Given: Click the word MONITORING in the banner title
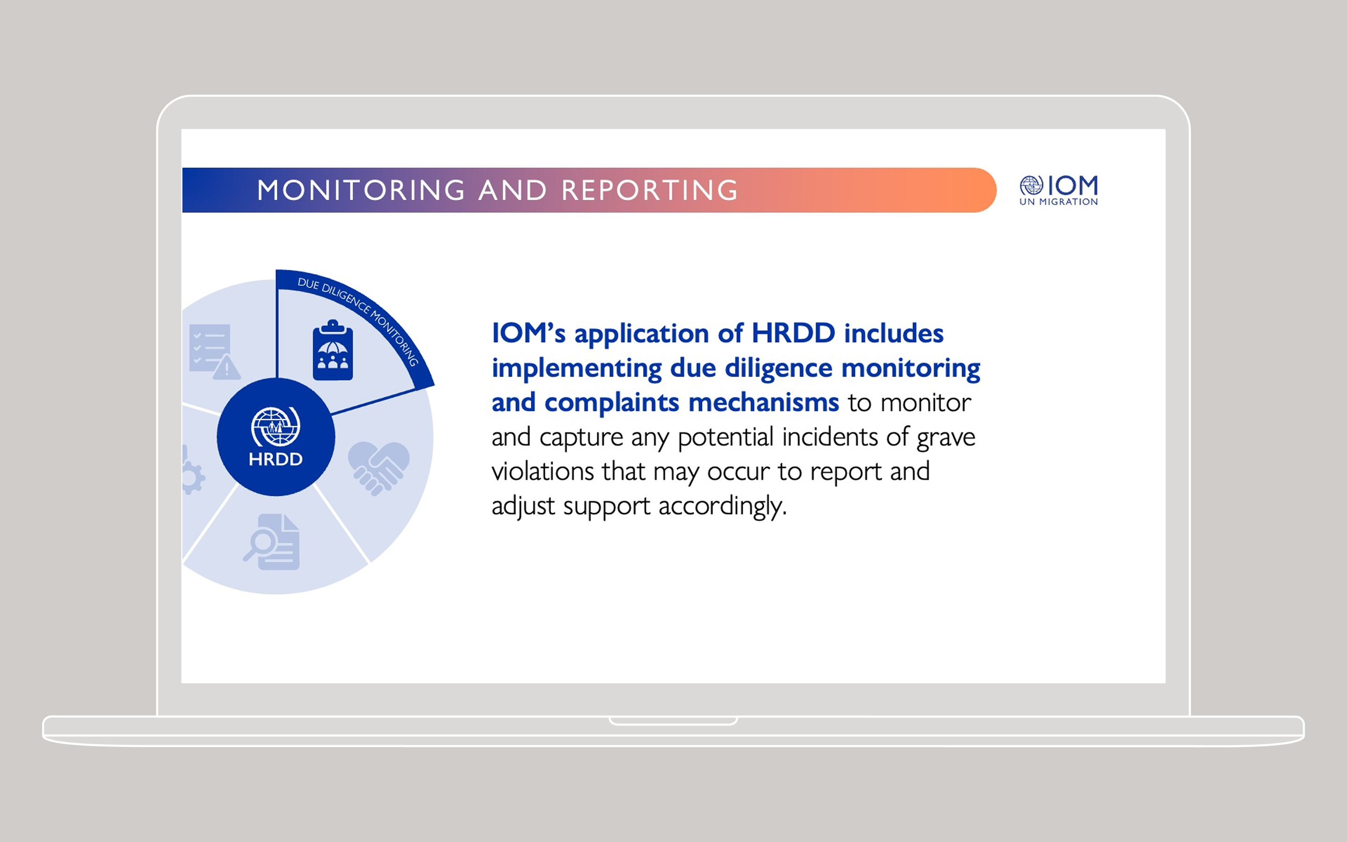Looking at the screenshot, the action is [361, 190].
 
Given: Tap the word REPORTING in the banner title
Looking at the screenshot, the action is [650, 190].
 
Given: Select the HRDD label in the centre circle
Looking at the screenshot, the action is [275, 459].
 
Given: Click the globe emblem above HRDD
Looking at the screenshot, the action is [275, 427].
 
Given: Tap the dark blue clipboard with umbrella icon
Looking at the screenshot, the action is [333, 350].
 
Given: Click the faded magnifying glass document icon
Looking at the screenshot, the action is [272, 542].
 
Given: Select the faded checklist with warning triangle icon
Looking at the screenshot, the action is [214, 351].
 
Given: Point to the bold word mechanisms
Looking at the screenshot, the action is [764, 402].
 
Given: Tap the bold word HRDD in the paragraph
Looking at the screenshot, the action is [793, 333].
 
